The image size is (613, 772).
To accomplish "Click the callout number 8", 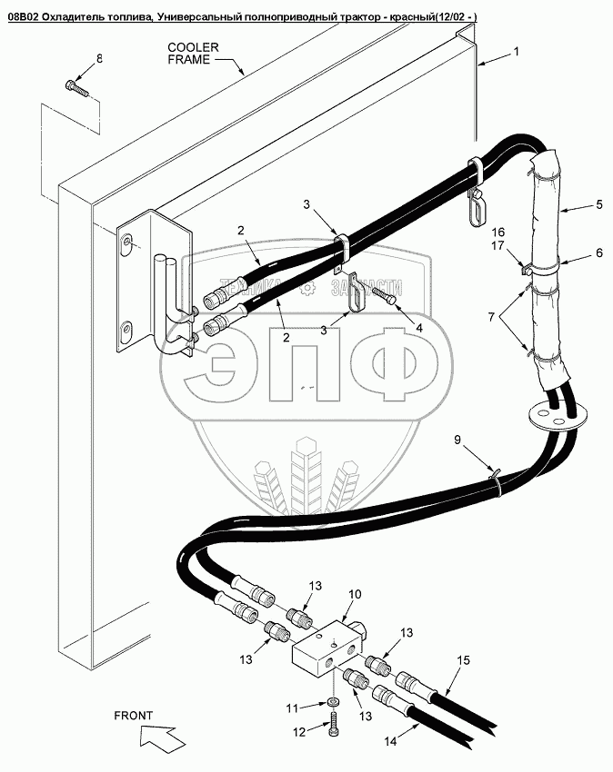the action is pos(99,59).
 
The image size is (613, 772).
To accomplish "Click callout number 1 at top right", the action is pos(517,52).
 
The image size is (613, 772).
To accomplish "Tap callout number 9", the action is pos(458,440).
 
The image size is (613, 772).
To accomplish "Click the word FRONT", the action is pos(134,715).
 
